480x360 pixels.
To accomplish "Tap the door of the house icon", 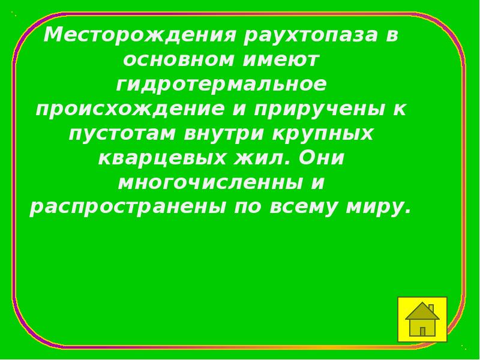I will click(422, 331).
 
